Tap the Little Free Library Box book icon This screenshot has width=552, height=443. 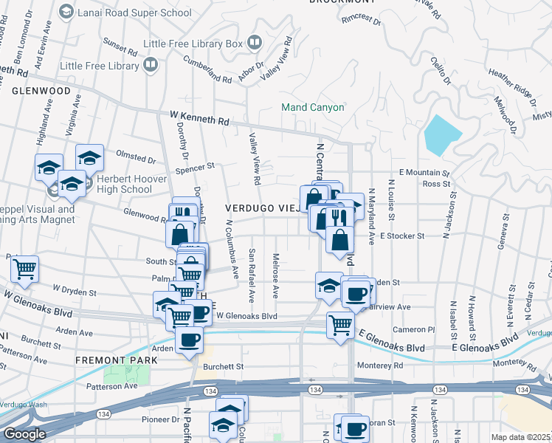tap(254, 44)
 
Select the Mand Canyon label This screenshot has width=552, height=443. tap(312, 107)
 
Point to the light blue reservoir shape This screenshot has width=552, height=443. tap(442, 134)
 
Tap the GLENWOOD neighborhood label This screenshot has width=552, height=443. tap(41, 91)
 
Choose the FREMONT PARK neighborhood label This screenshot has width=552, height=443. tap(117, 360)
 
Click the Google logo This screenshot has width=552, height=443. tap(24, 434)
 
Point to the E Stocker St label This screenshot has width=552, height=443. tap(402, 236)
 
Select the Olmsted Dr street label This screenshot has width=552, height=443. tap(136, 157)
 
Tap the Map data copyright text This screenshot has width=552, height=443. tap(520, 437)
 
